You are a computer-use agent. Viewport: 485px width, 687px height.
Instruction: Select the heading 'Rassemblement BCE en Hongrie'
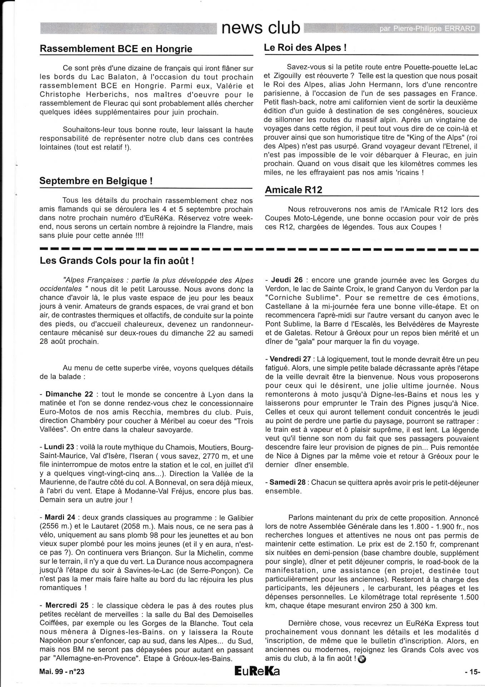tap(116, 49)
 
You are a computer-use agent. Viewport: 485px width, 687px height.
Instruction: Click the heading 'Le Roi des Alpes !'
tap(305, 48)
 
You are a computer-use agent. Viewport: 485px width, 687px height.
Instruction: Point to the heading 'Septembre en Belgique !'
tap(96, 181)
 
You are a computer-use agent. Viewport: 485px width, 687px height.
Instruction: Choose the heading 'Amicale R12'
tap(293, 190)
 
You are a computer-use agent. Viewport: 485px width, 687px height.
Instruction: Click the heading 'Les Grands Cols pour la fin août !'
tap(117, 260)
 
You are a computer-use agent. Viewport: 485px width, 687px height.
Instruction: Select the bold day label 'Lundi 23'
tap(59, 447)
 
